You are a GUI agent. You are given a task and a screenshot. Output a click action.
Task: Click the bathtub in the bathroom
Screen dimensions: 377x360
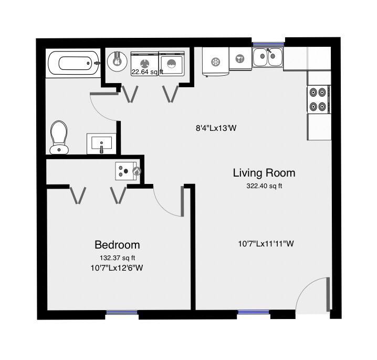74,63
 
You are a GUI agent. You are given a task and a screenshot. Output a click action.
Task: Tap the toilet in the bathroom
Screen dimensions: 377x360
59,137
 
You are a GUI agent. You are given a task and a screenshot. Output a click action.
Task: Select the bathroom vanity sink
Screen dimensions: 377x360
101,143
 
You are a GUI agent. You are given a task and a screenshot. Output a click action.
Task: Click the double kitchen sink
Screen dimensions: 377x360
267,57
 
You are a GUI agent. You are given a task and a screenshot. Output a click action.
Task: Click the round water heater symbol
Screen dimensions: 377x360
117,61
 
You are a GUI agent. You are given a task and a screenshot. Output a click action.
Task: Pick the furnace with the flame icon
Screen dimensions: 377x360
128,171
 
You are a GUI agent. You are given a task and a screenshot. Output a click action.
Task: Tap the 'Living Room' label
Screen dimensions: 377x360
264,173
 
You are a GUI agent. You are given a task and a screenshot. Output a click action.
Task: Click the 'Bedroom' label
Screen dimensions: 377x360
117,245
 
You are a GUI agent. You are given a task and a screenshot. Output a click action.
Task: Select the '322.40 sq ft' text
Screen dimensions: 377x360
264,186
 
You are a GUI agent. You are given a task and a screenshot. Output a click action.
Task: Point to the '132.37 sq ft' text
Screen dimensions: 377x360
117,258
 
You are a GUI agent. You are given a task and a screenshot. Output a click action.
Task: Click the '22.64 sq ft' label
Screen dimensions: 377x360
147,71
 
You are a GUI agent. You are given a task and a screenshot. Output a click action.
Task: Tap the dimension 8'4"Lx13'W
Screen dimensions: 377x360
216,128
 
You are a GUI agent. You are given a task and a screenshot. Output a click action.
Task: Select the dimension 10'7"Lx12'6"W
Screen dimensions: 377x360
117,268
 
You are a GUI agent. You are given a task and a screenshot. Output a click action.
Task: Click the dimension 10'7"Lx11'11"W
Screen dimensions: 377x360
266,244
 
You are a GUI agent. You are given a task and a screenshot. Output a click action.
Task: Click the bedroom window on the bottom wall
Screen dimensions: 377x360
122,312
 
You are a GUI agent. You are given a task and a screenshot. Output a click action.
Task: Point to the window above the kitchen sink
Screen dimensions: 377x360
268,44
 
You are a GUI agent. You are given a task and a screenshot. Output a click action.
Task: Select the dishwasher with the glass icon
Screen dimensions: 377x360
240,58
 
